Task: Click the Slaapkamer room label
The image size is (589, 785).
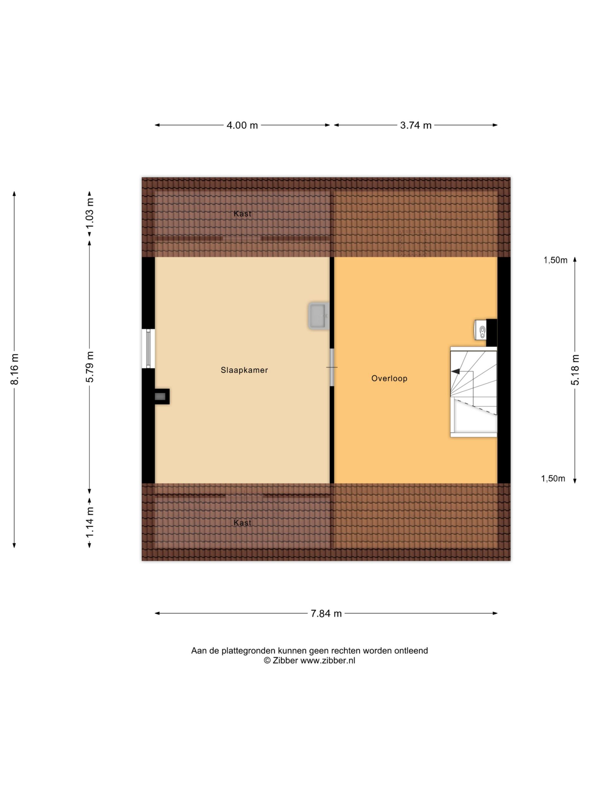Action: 244,370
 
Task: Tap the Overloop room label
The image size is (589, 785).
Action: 389,378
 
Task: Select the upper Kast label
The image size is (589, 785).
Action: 242,214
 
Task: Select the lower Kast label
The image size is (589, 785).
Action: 242,523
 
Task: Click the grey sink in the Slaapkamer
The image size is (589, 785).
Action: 319,316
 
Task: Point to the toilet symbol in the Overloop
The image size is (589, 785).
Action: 480,330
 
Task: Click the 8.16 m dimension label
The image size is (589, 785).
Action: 14,369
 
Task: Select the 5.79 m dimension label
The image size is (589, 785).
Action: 90,367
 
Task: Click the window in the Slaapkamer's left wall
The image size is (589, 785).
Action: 148,348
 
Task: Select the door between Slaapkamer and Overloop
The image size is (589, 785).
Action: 332,367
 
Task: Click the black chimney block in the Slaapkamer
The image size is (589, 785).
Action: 162,396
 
